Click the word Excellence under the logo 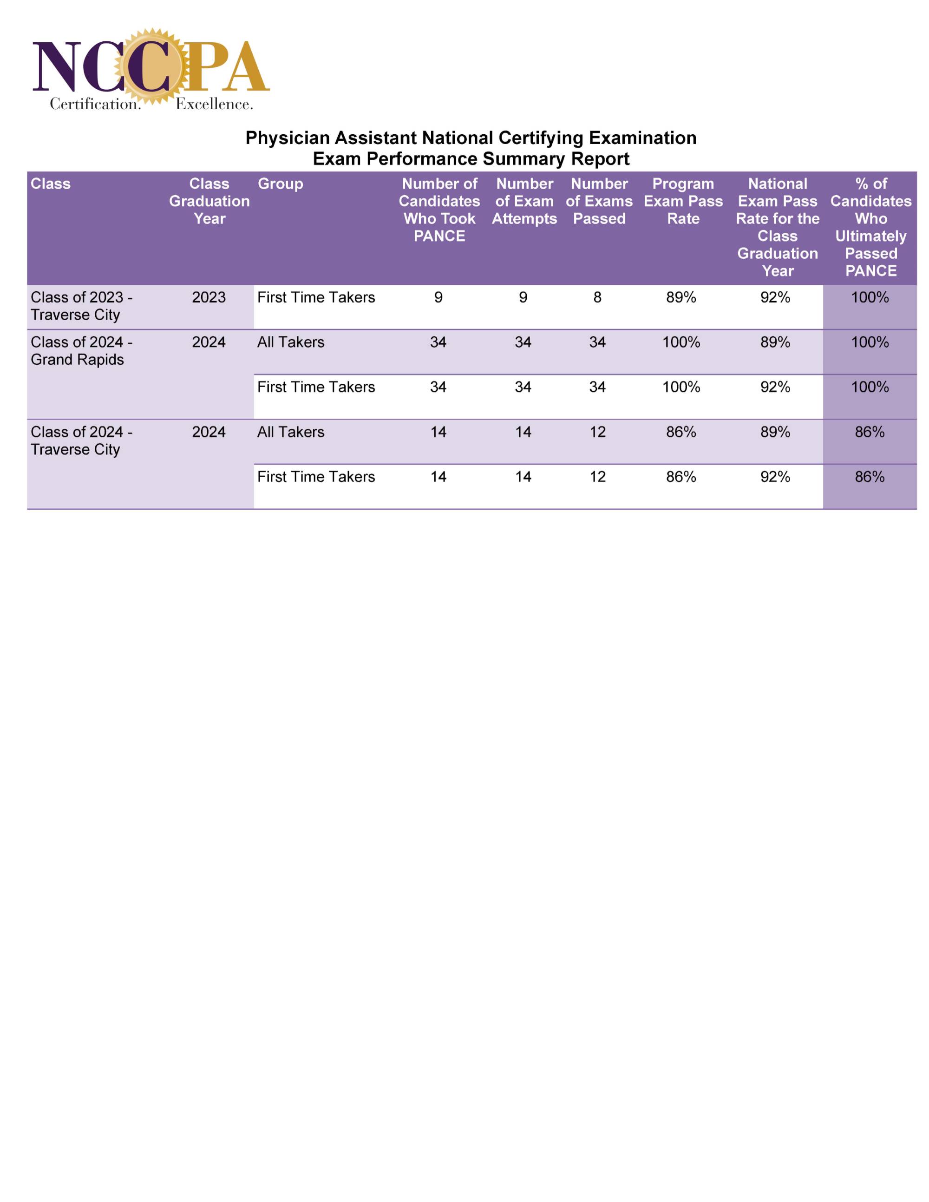click(214, 104)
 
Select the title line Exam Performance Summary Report click(471, 159)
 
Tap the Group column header click(280, 184)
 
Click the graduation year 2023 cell click(209, 297)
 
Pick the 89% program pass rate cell click(681, 297)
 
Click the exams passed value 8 click(597, 297)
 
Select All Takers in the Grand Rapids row click(291, 342)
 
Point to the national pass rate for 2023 click(775, 297)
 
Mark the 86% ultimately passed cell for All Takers click(870, 432)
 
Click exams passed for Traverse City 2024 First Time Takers click(597, 477)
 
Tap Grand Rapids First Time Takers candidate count click(438, 387)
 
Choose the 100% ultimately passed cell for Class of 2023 click(870, 297)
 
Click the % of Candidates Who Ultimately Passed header click(870, 227)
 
